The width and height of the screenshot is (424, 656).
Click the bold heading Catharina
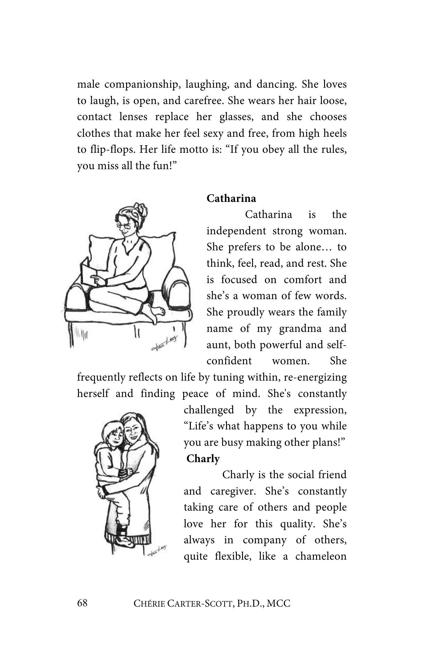pyautogui.click(x=231, y=198)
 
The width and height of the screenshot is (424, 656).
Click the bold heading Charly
pyautogui.click(x=203, y=458)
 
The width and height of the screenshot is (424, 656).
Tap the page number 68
pyautogui.click(x=82, y=603)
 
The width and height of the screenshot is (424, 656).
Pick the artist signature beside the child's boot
pyautogui.click(x=157, y=549)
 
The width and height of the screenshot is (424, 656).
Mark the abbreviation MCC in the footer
pyautogui.click(x=278, y=604)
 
